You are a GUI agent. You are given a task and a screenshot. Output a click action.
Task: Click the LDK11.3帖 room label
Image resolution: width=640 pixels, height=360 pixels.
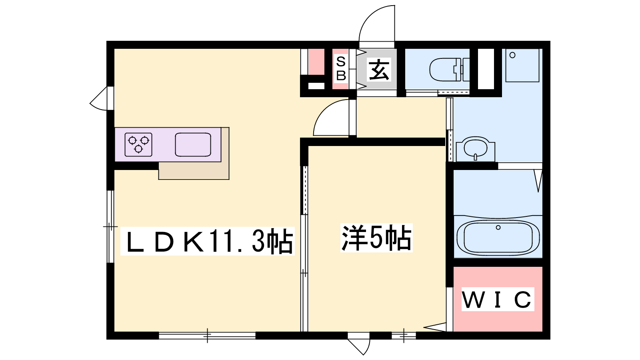pos(208,241)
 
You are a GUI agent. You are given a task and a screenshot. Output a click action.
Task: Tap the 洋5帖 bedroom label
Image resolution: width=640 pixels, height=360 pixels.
pos(376,238)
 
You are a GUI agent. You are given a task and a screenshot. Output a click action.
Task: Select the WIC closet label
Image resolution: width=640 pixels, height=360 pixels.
pos(498,300)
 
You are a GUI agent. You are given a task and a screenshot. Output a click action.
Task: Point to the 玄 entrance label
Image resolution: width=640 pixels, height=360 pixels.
pos(379,70)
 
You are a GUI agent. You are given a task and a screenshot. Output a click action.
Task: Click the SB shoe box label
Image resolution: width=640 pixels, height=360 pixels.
pos(341,69)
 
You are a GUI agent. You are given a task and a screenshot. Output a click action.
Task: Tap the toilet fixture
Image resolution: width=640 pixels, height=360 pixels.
pos(450,70)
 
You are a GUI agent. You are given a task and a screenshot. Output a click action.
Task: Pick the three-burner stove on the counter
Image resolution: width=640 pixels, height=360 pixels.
pos(138,144)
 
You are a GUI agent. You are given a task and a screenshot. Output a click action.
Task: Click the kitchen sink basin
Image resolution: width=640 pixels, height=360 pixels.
pos(193,144)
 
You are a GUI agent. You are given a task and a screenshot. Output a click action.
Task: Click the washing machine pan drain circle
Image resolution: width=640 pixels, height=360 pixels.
pos(512,55)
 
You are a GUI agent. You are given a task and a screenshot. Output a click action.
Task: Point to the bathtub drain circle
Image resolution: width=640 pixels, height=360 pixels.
pos(498,228)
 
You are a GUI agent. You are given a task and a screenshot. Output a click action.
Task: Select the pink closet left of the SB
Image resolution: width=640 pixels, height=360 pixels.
pos(316,62)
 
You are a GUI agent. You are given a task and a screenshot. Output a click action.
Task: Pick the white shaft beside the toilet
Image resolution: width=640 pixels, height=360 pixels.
pos(486,69)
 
